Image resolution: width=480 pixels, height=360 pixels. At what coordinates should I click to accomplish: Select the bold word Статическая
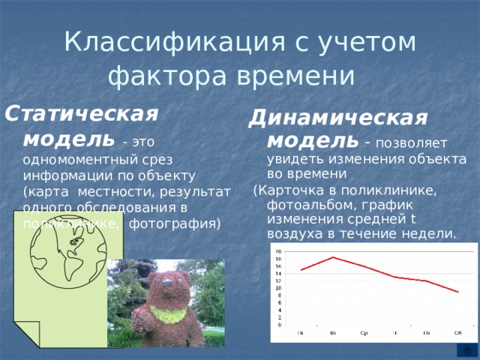click(82, 115)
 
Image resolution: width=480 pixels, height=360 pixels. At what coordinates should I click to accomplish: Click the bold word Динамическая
click(338, 118)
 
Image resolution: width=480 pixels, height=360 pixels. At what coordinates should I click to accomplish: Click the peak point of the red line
click(333, 258)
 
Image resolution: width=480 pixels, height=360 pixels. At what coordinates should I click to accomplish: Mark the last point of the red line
click(457, 292)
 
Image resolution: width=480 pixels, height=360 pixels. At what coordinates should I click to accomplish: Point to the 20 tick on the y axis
click(278, 251)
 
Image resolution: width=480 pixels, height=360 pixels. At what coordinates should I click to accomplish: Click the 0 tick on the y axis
click(280, 325)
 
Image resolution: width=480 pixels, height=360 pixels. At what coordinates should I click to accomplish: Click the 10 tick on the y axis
click(278, 288)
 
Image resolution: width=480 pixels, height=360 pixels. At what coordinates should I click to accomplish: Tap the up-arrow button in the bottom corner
click(464, 351)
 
